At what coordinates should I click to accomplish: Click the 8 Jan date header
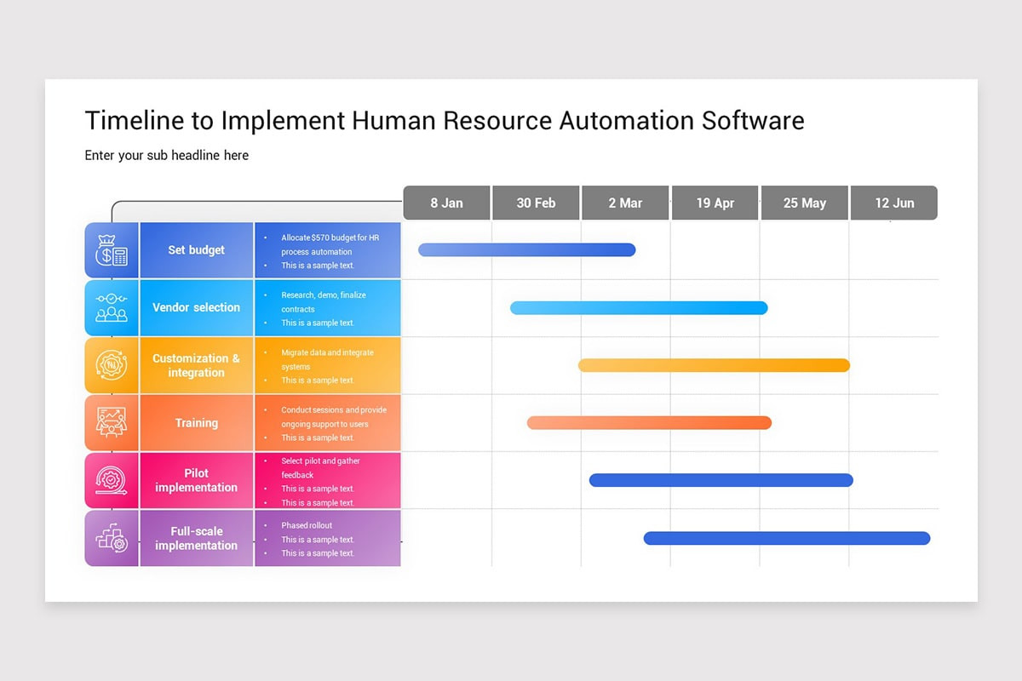pyautogui.click(x=446, y=203)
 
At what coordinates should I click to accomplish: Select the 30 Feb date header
pyautogui.click(x=536, y=203)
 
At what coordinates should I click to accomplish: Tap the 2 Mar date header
pyautogui.click(x=625, y=203)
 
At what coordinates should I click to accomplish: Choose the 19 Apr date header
pyautogui.click(x=715, y=203)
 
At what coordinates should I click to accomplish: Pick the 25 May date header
pyautogui.click(x=804, y=203)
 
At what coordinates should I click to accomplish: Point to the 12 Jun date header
pyautogui.click(x=893, y=203)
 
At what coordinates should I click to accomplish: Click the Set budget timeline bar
pyautogui.click(x=526, y=249)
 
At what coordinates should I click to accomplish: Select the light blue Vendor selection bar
pyautogui.click(x=639, y=307)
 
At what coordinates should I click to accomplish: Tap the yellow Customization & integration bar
pyautogui.click(x=714, y=365)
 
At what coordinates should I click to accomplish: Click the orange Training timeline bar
pyautogui.click(x=649, y=422)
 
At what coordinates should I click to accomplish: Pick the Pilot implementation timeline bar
pyautogui.click(x=721, y=480)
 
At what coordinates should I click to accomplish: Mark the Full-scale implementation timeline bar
pyautogui.click(x=786, y=538)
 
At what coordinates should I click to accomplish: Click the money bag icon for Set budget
pyautogui.click(x=112, y=250)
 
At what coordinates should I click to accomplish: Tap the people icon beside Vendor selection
pyautogui.click(x=112, y=307)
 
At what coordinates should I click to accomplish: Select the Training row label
pyautogui.click(x=196, y=422)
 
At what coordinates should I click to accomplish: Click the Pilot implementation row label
pyautogui.click(x=196, y=480)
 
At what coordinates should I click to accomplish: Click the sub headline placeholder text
pyautogui.click(x=167, y=155)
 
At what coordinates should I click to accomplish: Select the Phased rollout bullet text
pyautogui.click(x=307, y=525)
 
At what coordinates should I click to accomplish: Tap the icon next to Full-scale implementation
pyautogui.click(x=112, y=538)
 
